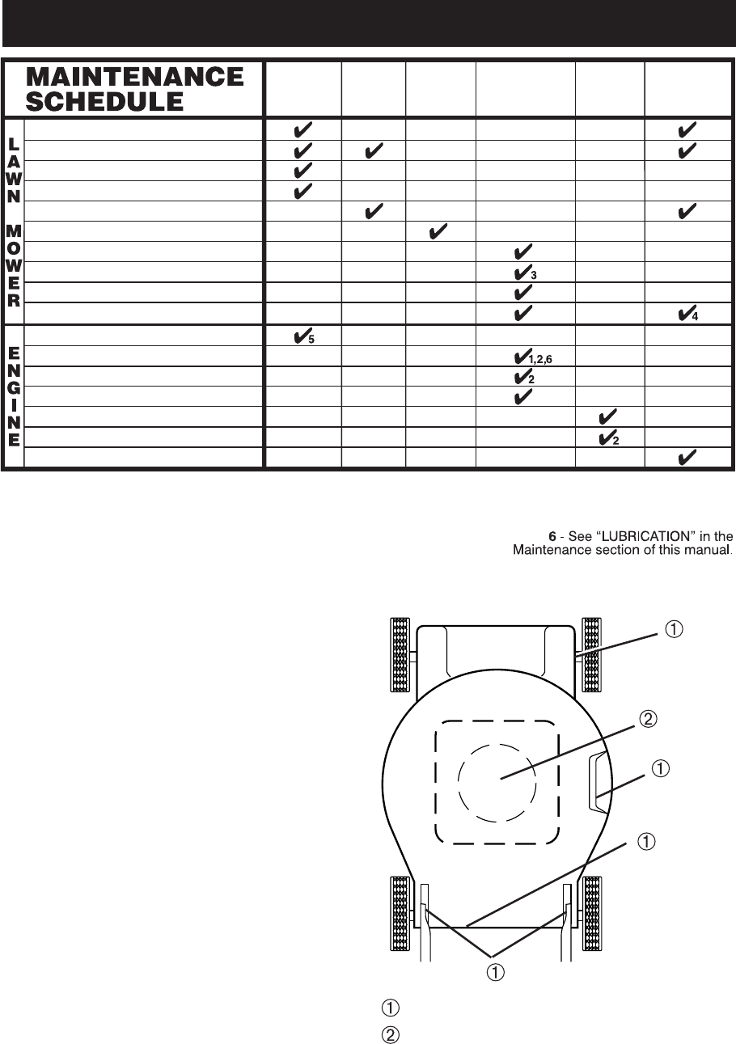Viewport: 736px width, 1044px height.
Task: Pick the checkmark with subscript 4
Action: (x=685, y=311)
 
